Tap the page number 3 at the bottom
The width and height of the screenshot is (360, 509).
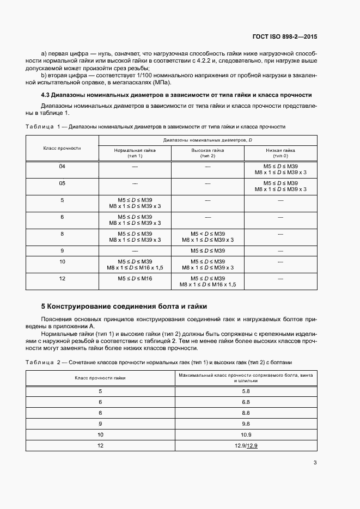315,463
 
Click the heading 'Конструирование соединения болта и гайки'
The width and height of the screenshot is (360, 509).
129,306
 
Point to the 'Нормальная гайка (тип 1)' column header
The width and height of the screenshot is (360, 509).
135,152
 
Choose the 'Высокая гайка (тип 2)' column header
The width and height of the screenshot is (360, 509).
208,152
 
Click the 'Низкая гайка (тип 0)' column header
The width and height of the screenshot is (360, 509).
280,152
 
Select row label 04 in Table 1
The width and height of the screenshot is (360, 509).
62,166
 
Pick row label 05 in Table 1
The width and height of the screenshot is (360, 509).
62,183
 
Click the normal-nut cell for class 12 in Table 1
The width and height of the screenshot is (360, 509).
135,278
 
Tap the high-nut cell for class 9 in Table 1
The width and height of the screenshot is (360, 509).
208,250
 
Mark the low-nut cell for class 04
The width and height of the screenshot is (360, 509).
280,169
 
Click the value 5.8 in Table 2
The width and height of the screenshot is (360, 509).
245,391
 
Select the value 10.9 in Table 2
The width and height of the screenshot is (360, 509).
245,434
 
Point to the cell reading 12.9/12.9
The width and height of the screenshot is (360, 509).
245,445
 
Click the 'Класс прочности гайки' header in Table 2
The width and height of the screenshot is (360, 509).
100,377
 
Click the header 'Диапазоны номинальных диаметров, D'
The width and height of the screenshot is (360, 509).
208,140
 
